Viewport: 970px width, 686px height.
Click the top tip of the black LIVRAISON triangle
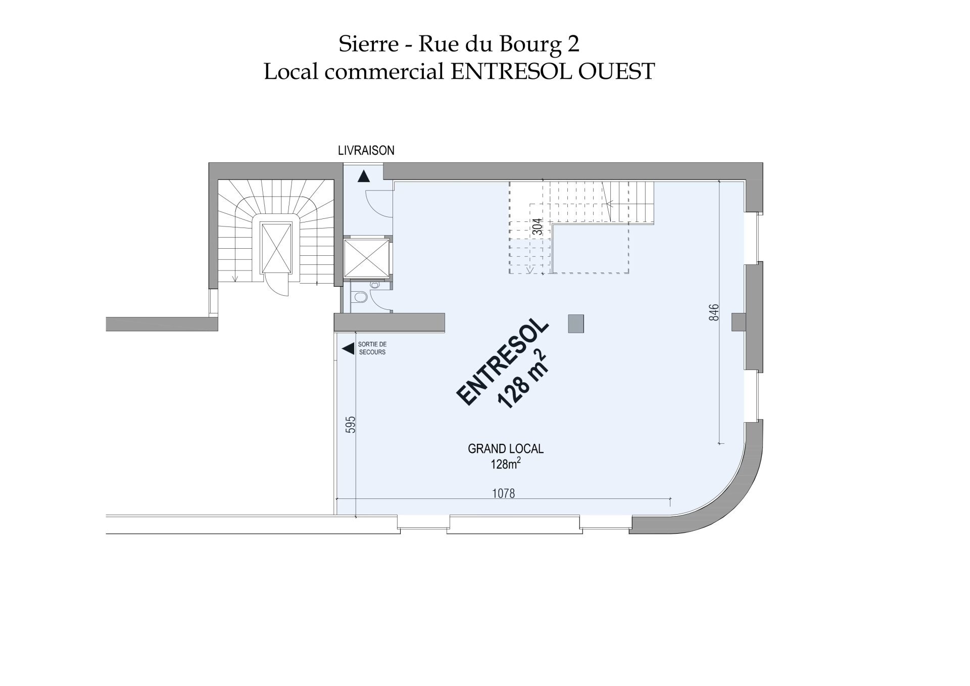[x=364, y=170]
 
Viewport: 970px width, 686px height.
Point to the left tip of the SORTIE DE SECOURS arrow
[x=343, y=349]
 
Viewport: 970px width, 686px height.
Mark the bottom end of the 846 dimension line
[x=720, y=444]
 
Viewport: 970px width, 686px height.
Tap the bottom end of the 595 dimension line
[x=356, y=517]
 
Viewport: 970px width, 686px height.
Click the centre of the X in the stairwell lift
[x=276, y=248]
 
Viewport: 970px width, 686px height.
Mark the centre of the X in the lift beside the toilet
[x=367, y=258]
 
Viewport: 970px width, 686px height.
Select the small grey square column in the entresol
[x=576, y=324]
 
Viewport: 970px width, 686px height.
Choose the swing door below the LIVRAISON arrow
[x=379, y=203]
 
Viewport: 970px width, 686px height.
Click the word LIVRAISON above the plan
[x=366, y=151]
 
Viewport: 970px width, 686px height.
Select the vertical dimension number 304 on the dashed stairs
[x=538, y=226]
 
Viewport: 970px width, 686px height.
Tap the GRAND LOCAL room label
[x=506, y=449]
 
